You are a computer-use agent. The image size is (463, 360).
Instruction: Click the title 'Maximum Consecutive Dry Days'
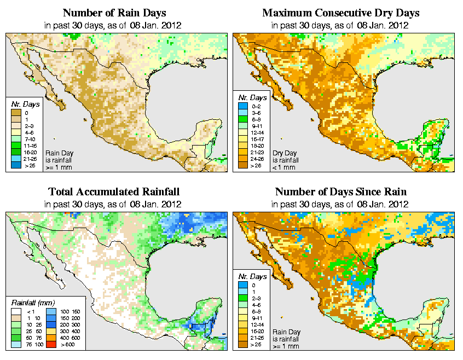[341, 13]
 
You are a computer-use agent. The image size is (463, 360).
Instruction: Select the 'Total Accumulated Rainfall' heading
[114, 192]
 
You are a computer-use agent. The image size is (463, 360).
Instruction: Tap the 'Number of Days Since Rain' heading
[341, 192]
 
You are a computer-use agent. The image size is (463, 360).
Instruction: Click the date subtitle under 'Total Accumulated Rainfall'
[114, 204]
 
